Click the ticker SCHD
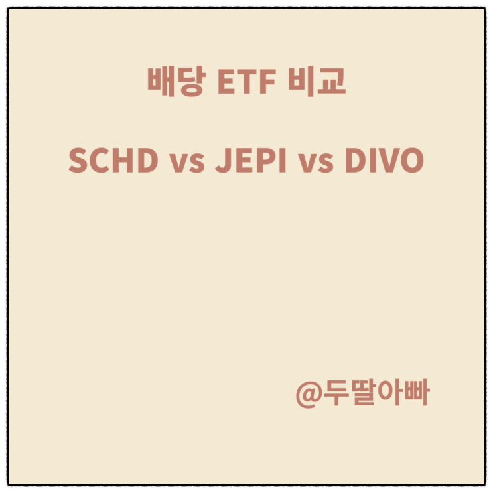(113, 161)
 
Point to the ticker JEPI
(251, 161)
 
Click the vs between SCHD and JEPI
(186, 163)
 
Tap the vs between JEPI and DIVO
(316, 163)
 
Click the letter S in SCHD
(78, 161)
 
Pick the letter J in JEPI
(221, 161)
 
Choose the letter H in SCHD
(124, 161)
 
